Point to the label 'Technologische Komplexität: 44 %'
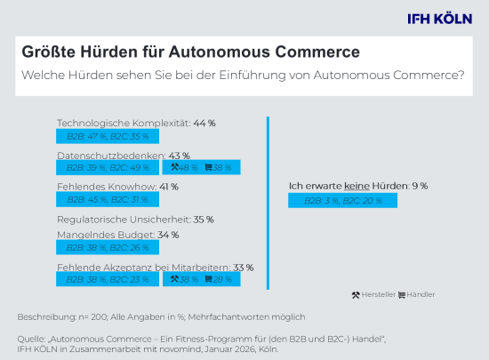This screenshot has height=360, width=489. pos(136,123)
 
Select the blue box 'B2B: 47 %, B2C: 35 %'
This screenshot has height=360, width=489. pos(104,137)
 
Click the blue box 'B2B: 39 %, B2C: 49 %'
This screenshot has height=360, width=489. pos(104,167)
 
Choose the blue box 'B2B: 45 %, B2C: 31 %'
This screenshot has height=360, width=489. pos(104,200)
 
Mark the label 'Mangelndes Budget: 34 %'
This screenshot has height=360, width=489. pos(118,235)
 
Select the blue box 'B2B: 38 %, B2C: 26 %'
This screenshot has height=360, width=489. pos(104,248)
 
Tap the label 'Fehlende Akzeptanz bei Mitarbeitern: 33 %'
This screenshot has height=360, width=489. pos(155,267)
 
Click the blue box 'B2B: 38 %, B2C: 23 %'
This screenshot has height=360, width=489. pos(104,279)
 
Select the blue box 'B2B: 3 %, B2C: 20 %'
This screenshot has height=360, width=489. pos(342,201)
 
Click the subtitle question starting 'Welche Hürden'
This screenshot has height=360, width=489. pos(243,76)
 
